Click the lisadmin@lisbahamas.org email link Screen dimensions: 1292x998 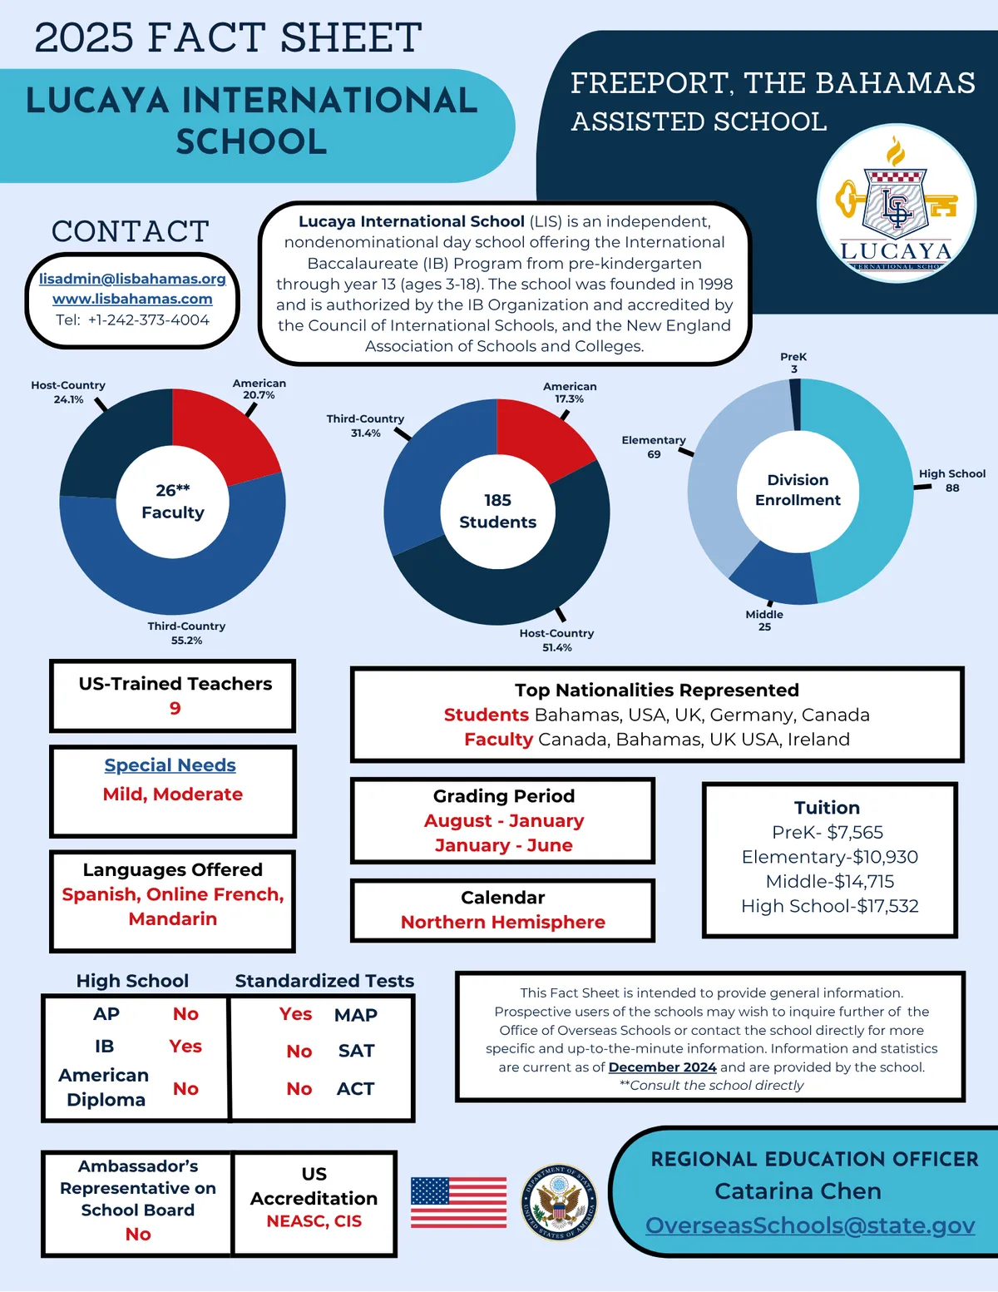pyautogui.click(x=132, y=279)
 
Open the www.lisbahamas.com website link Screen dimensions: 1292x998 pyautogui.click(x=132, y=299)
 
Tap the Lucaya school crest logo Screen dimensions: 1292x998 pyautogui.click(x=896, y=204)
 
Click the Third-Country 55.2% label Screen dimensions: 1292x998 pyautogui.click(x=186, y=633)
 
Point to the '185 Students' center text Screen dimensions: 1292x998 pyautogui.click(x=497, y=511)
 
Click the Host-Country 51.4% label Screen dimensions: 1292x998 pyautogui.click(x=556, y=640)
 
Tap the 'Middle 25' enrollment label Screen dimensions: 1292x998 pyautogui.click(x=764, y=621)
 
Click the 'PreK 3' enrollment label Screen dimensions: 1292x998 pyautogui.click(x=793, y=363)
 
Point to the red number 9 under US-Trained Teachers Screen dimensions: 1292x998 pyautogui.click(x=175, y=708)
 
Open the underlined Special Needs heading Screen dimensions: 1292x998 pyautogui.click(x=170, y=765)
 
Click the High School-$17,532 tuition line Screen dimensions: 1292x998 pyautogui.click(x=829, y=906)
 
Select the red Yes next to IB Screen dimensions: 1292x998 pyautogui.click(x=185, y=1046)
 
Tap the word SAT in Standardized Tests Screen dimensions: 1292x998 pyautogui.click(x=356, y=1051)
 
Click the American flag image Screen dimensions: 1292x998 pyautogui.click(x=458, y=1202)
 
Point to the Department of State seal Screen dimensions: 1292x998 pyautogui.click(x=559, y=1202)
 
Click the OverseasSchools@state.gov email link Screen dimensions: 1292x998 pyautogui.click(x=809, y=1225)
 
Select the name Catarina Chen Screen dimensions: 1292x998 pyautogui.click(x=798, y=1191)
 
